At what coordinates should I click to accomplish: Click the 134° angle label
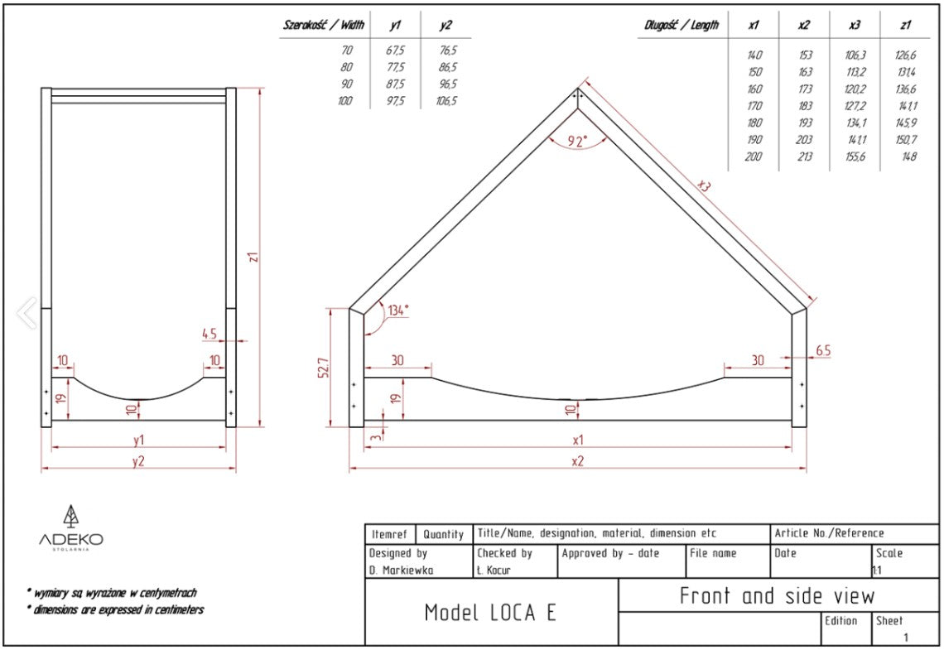click(398, 311)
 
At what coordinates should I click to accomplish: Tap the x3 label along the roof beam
click(704, 187)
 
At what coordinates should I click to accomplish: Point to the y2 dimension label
click(138, 461)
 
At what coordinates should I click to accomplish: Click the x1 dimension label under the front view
click(577, 440)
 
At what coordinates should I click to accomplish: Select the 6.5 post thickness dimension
click(823, 351)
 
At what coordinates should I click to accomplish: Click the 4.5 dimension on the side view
click(210, 334)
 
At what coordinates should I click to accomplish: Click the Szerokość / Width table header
click(324, 26)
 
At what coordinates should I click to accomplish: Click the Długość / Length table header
click(682, 26)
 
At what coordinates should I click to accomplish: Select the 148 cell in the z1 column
click(908, 156)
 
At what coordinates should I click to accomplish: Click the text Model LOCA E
click(489, 613)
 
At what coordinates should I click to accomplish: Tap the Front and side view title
click(777, 595)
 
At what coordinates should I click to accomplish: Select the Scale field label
click(889, 553)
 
